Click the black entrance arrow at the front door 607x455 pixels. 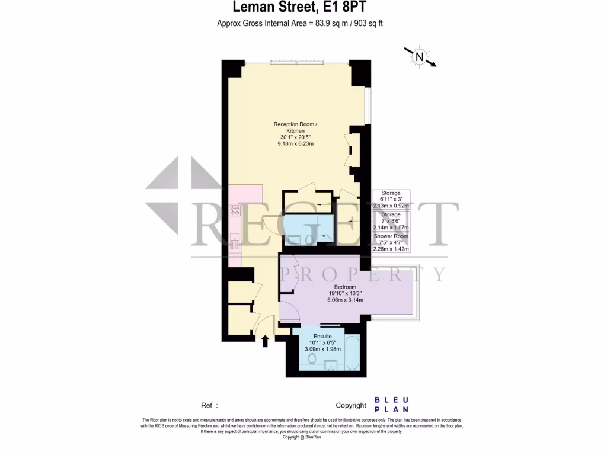265,340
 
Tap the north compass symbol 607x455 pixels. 419,57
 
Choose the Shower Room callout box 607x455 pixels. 391,242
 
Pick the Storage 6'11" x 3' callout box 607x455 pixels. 391,199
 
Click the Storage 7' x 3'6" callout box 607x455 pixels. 391,220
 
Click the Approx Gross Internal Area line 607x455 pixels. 303,24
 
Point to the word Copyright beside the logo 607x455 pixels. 351,405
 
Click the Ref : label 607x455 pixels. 209,405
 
